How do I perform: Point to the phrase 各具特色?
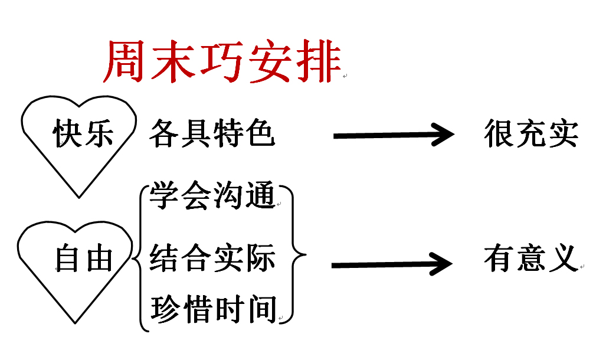(x=212, y=133)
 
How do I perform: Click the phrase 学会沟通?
(x=212, y=197)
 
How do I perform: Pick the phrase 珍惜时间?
(x=213, y=309)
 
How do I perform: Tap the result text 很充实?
(x=531, y=134)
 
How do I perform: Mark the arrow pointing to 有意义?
(x=392, y=264)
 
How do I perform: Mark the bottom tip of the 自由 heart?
(x=75, y=323)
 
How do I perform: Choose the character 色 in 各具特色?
(x=260, y=133)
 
